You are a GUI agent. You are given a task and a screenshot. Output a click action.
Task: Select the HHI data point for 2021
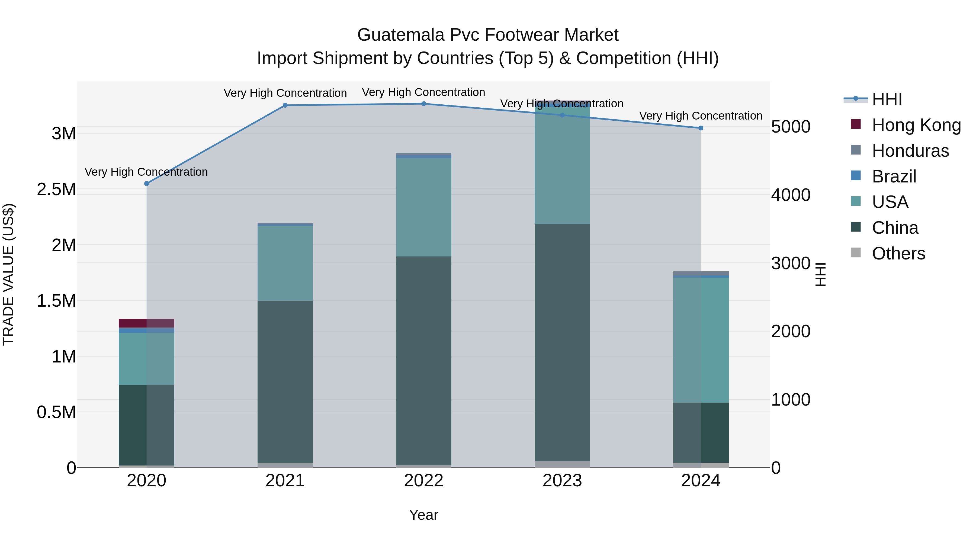click(x=285, y=105)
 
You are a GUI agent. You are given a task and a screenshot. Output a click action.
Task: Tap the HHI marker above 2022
click(x=423, y=104)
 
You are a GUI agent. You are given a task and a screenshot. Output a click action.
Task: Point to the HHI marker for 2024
click(x=701, y=128)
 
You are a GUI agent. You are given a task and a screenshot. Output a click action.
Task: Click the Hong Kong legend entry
click(x=916, y=125)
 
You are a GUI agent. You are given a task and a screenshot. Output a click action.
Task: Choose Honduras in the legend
click(x=910, y=151)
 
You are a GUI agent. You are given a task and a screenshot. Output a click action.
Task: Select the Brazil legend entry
click(x=894, y=176)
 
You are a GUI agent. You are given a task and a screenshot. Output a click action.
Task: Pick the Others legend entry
click(x=898, y=253)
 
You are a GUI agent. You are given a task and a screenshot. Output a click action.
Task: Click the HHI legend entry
click(x=887, y=99)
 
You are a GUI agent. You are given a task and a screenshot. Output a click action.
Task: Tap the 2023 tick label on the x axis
click(x=562, y=481)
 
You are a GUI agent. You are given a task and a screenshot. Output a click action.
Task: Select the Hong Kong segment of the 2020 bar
click(x=147, y=323)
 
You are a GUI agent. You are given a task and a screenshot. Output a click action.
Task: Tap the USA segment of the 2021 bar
click(x=285, y=263)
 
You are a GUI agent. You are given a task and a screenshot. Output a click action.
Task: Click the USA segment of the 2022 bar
click(x=423, y=207)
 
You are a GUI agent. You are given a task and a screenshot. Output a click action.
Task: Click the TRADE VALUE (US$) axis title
click(x=8, y=274)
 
